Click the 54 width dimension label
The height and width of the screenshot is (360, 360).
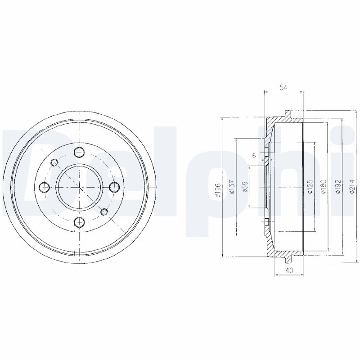point(283,87)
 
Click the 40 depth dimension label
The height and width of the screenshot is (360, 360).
point(289,270)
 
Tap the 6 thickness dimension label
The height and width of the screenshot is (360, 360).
point(254,156)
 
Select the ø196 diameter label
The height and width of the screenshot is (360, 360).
point(218,190)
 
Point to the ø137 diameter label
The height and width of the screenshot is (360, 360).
point(232,187)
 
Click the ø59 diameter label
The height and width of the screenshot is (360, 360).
point(245,187)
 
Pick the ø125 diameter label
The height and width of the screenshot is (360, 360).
point(310,187)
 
